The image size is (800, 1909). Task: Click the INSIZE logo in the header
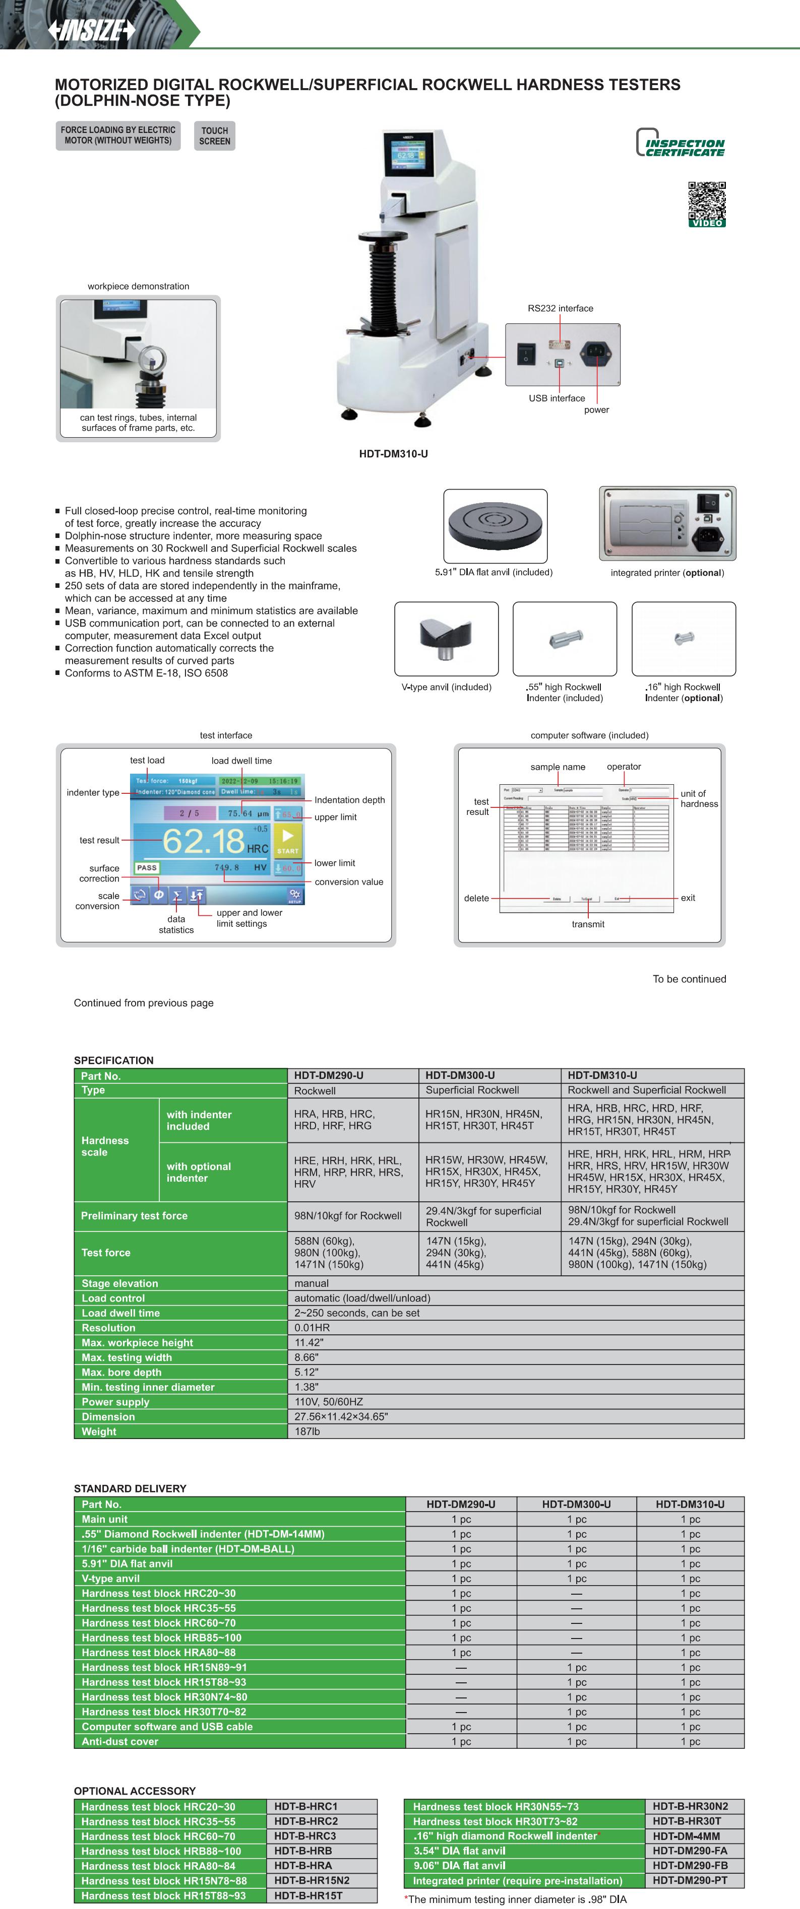point(91,30)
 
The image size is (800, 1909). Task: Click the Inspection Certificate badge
point(680,144)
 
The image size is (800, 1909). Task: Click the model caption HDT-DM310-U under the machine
point(393,453)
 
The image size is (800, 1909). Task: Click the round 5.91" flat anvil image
point(495,525)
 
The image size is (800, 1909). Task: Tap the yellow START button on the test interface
point(288,841)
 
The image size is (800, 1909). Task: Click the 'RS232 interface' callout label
point(560,308)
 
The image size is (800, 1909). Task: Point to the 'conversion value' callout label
point(348,882)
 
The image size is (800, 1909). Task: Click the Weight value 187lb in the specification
point(307,1431)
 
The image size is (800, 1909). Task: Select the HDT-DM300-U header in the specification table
point(460,1075)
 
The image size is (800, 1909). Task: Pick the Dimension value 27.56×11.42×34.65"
point(340,1416)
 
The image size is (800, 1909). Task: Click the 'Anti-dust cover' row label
point(119,1741)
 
